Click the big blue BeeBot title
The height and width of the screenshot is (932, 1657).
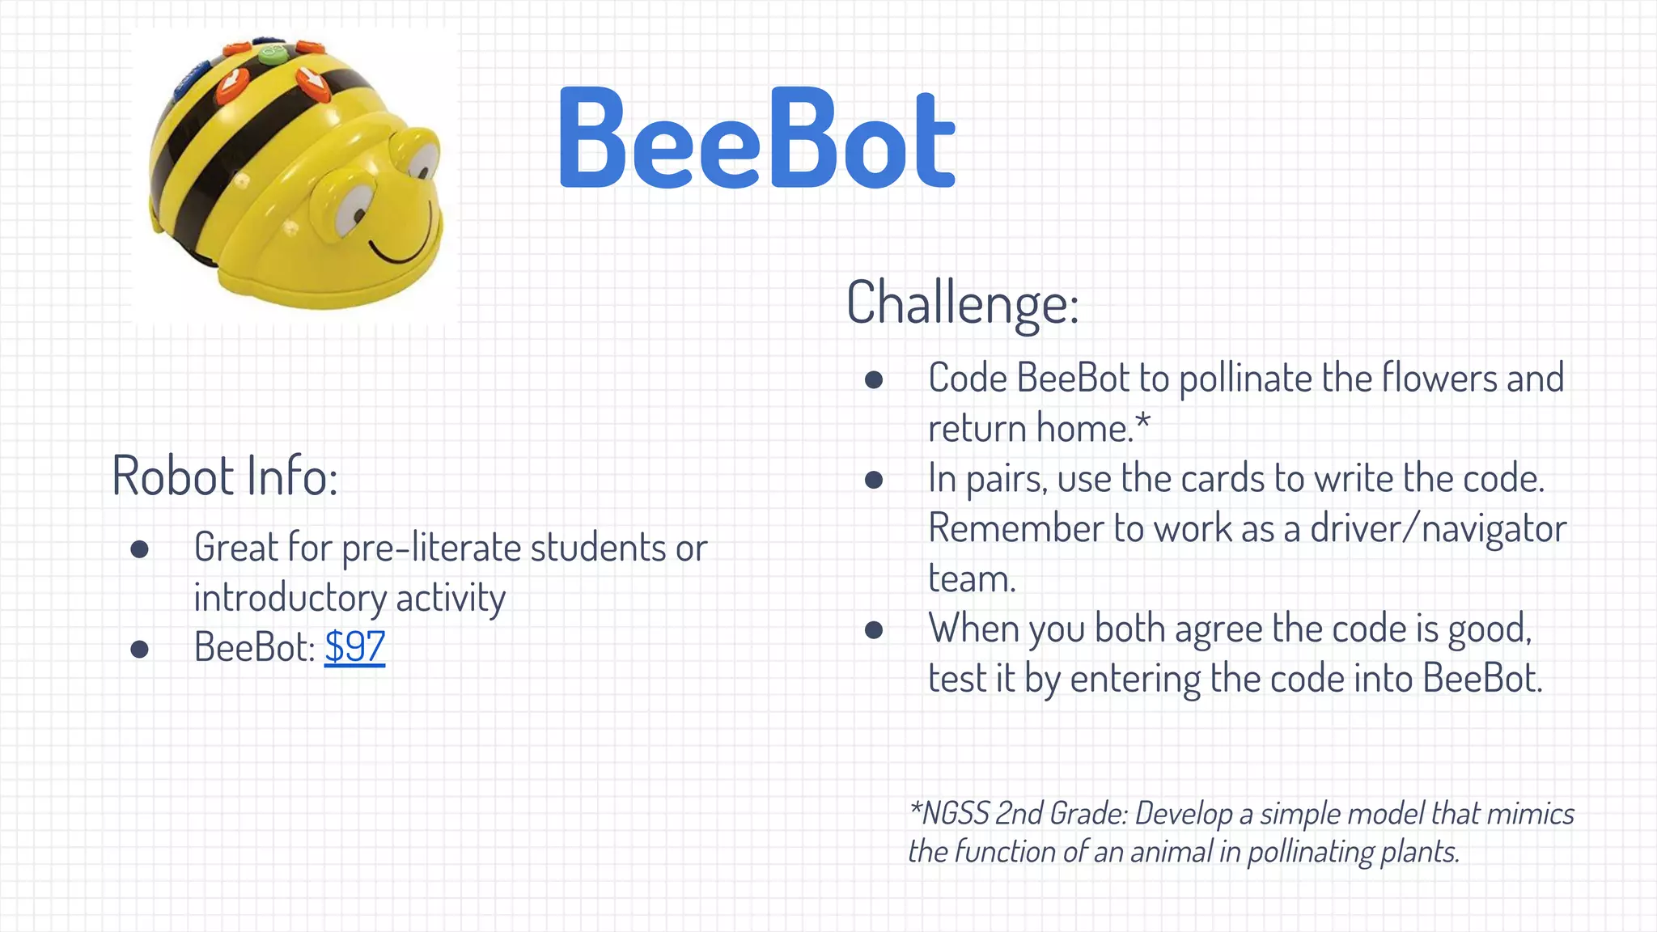point(756,138)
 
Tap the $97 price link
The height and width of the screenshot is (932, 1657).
point(354,647)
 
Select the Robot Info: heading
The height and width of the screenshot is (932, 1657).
point(225,476)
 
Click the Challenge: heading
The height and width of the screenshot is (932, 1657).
point(962,303)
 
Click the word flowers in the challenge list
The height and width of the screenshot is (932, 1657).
point(1439,379)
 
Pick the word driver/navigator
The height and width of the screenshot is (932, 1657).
point(1438,529)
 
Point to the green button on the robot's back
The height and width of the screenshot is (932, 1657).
point(273,55)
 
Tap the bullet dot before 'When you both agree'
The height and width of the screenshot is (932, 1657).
point(873,629)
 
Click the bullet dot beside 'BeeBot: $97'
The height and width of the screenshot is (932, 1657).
point(139,648)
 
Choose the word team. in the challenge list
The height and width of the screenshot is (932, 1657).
point(971,579)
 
